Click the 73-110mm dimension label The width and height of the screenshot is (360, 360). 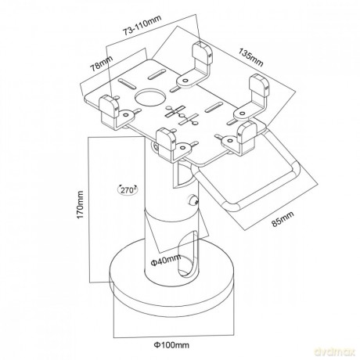click(142, 25)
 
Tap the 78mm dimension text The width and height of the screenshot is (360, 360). click(101, 63)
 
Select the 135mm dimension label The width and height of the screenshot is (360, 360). click(250, 58)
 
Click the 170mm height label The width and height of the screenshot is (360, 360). click(80, 205)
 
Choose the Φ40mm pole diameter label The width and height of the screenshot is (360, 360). click(166, 260)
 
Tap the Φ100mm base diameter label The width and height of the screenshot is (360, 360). click(171, 345)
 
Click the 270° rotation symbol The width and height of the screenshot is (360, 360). click(128, 189)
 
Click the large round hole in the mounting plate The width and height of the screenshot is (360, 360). click(150, 97)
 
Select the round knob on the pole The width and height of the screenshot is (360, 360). click(193, 200)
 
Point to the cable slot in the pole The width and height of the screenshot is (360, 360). click(188, 254)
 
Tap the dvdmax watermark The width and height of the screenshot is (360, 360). click(335, 352)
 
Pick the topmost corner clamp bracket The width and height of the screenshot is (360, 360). click(197, 65)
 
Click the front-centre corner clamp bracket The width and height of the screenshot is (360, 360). click(175, 145)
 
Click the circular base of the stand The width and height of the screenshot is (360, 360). click(172, 284)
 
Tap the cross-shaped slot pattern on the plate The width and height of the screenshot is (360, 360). click(182, 115)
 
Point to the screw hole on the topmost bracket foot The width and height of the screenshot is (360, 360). click(186, 81)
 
